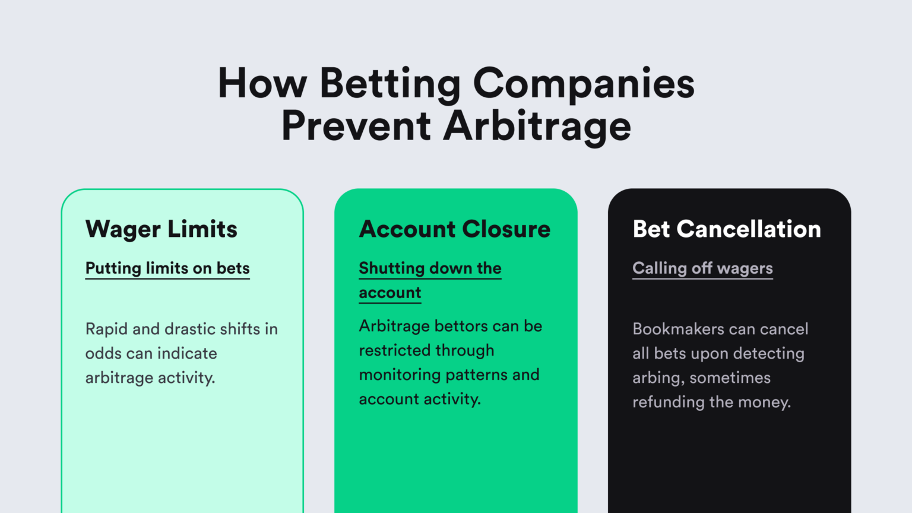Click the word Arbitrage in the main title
point(537,126)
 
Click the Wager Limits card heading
point(161,229)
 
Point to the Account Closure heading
point(455,229)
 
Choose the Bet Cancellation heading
point(727,229)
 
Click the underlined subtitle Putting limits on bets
point(167,269)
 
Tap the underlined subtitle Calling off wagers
point(703,269)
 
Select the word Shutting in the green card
point(392,269)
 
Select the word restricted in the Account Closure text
point(394,350)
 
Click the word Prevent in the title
point(356,126)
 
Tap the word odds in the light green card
point(103,353)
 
